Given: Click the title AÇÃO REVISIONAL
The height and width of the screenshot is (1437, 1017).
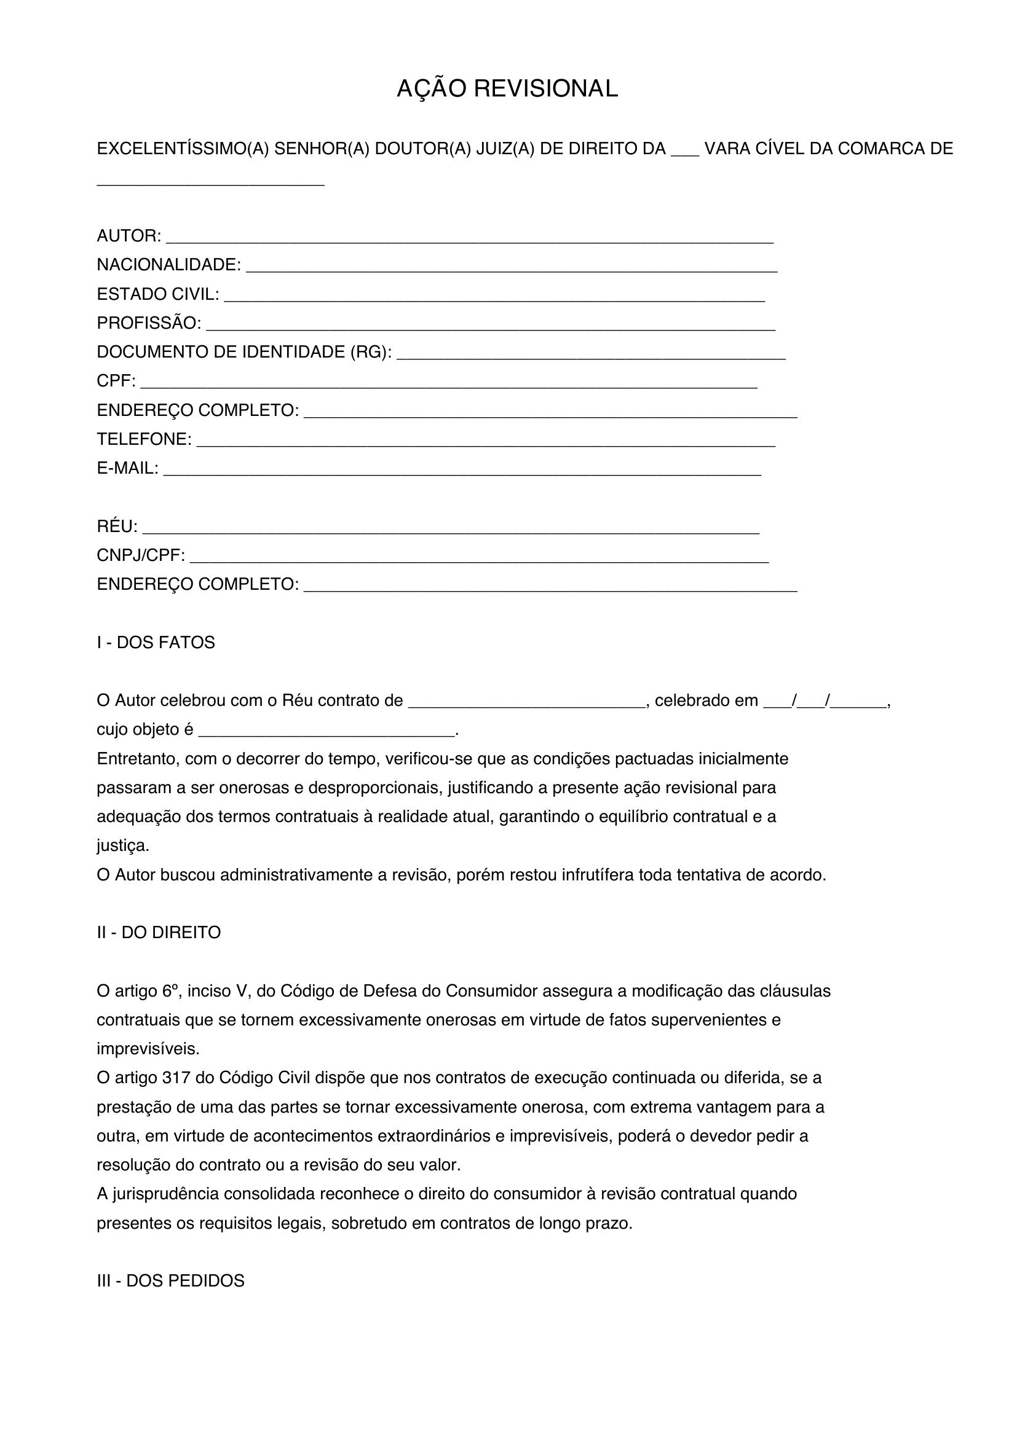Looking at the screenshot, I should pos(507,89).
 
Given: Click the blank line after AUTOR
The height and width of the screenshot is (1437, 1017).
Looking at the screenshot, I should pos(470,238).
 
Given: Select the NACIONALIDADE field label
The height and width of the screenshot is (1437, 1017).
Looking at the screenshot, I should pos(168,265).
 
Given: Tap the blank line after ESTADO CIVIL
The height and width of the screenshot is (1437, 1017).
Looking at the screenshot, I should pos(494,297).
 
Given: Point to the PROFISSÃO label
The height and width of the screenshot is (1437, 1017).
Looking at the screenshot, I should pos(148,323).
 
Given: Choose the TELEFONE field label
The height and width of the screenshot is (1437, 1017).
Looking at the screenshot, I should pos(144,439).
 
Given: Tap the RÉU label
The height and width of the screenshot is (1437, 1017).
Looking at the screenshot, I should pos(117,527).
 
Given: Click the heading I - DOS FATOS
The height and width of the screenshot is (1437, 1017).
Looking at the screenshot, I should pos(156,643).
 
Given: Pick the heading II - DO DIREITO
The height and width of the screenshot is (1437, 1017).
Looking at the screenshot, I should pos(159,933).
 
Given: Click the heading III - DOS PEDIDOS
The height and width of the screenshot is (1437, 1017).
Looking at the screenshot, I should pos(170,1280).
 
